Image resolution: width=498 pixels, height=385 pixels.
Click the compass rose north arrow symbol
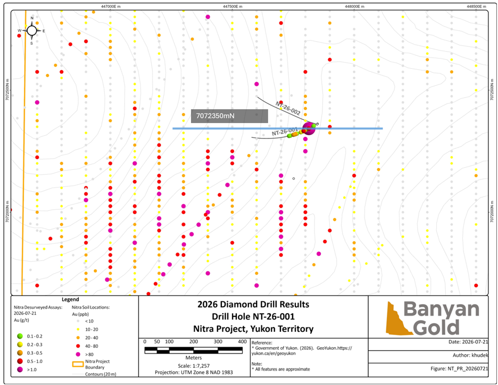pos(32,30)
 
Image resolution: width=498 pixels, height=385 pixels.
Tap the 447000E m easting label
pos(111,7)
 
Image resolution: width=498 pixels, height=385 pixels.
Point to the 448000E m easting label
pos(354,7)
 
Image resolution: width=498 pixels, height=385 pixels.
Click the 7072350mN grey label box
pos(229,116)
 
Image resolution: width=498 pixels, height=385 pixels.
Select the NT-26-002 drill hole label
pos(288,108)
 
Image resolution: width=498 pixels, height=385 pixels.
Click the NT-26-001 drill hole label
pos(285,132)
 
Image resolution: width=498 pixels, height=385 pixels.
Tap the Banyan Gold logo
pos(432,318)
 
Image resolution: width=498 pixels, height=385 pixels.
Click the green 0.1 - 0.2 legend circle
pos(20,336)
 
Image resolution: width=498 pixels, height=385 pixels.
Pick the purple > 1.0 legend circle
pos(20,370)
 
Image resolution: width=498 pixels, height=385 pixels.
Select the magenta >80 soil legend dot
pos(78,354)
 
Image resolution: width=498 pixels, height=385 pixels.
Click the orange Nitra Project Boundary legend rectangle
pos(78,364)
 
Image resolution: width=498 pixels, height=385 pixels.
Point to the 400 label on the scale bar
pos(242,341)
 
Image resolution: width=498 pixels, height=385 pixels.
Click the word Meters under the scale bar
pos(194,358)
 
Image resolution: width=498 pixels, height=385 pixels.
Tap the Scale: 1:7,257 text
pos(194,366)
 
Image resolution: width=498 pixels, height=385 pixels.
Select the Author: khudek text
pos(470,355)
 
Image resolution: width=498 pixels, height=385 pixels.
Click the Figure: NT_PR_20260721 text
pos(459,368)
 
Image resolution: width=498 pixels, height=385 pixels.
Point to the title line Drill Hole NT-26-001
pos(253,317)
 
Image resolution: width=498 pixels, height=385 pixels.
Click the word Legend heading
pos(70,299)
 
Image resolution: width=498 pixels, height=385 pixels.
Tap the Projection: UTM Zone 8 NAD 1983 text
pos(194,372)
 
